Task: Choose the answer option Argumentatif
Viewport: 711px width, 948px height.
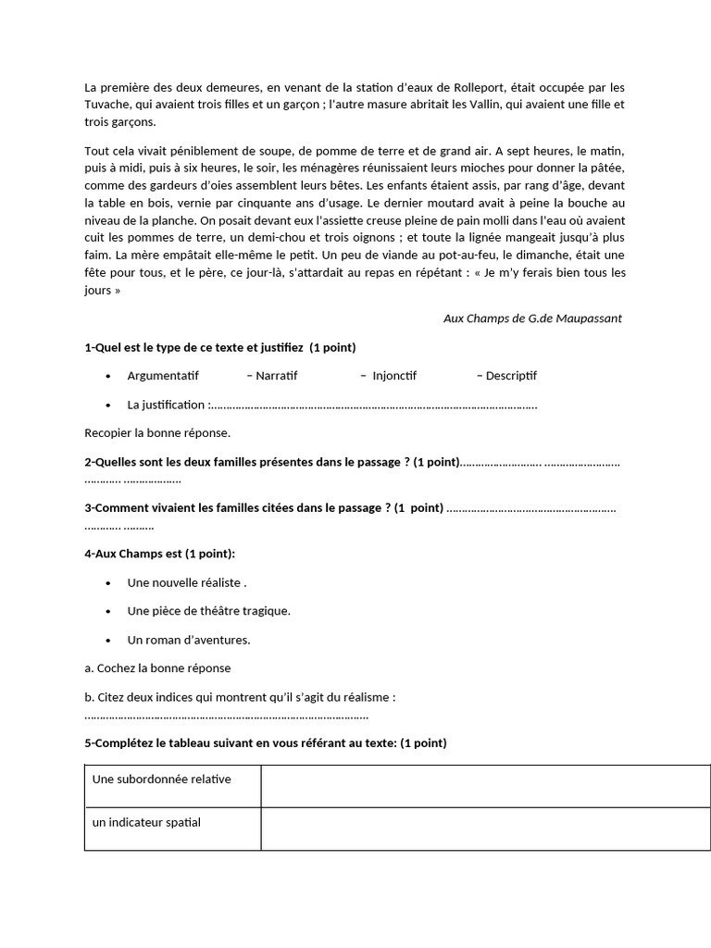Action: point(163,376)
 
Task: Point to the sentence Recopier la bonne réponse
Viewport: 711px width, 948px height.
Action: point(157,432)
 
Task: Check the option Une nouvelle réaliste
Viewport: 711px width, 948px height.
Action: point(186,583)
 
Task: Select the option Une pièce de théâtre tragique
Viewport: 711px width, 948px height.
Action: point(209,611)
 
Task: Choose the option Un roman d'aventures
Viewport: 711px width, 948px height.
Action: point(189,640)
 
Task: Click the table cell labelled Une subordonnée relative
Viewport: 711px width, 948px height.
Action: point(162,780)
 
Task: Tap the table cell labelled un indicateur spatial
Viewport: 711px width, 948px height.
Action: point(146,823)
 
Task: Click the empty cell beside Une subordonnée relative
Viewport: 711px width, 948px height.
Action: point(485,786)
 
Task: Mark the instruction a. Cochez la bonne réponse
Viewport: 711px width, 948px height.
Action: point(157,667)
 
